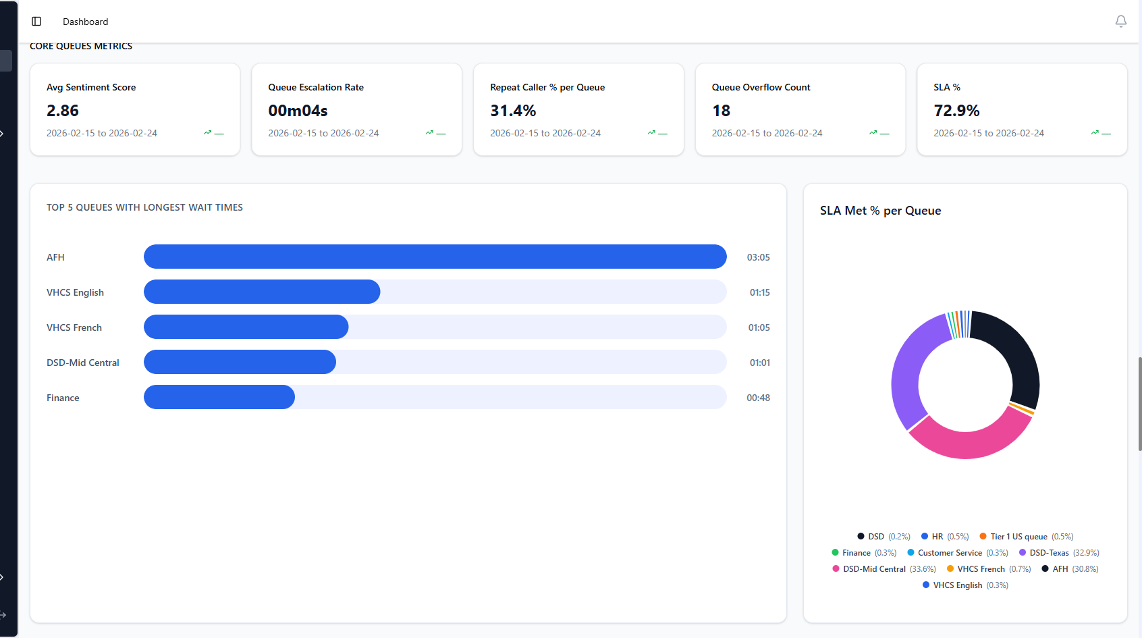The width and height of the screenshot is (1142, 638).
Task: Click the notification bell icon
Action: [x=1120, y=22]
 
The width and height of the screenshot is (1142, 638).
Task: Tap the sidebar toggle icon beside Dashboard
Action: [x=36, y=22]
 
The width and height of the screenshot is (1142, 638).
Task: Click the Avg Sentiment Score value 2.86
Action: [x=63, y=111]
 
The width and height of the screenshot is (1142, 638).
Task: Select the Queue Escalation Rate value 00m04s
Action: [x=298, y=111]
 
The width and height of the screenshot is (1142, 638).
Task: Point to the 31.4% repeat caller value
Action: [x=513, y=111]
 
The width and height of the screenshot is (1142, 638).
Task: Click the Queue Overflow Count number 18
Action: [x=721, y=111]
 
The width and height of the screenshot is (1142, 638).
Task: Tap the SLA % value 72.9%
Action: [x=956, y=111]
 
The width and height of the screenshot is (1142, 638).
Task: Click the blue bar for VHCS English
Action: [x=262, y=292]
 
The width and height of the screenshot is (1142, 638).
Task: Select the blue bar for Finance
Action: [x=219, y=397]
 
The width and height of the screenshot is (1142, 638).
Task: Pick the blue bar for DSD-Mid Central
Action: [x=240, y=362]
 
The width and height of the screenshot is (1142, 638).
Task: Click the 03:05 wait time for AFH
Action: [x=758, y=257]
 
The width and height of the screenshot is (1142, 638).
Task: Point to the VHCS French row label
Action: [x=74, y=327]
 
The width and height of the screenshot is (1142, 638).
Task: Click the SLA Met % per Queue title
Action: [x=880, y=211]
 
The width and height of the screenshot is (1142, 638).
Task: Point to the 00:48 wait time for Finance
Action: [x=758, y=398]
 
